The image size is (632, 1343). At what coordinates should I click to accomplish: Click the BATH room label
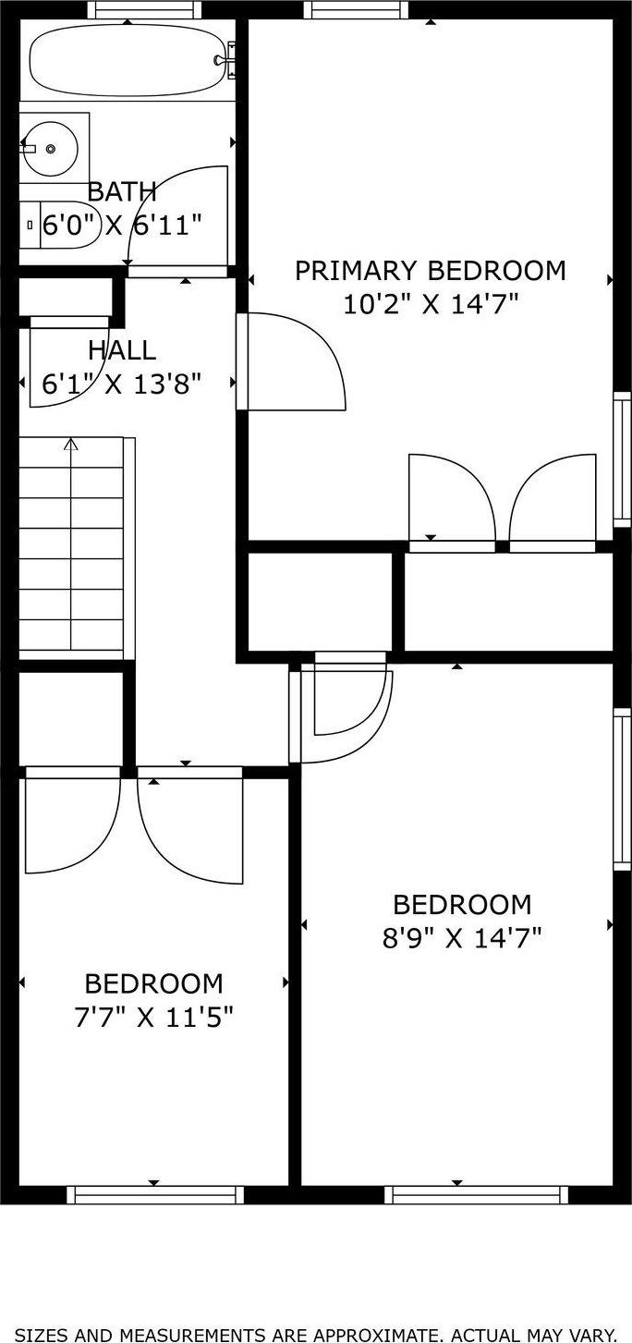122,192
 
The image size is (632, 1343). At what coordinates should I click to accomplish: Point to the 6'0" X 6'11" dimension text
111,225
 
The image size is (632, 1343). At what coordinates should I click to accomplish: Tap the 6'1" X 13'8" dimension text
122,383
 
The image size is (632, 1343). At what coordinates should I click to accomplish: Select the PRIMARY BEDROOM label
430,271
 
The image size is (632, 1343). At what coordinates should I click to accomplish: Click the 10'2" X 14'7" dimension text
430,303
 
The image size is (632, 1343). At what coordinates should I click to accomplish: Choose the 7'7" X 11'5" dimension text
153,1017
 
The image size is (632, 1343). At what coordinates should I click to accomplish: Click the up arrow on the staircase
71,446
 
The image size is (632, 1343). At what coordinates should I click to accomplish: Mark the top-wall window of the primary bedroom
356,10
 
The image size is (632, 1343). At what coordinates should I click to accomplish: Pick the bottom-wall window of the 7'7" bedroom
155,1195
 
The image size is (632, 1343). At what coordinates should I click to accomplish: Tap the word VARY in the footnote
590,1334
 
